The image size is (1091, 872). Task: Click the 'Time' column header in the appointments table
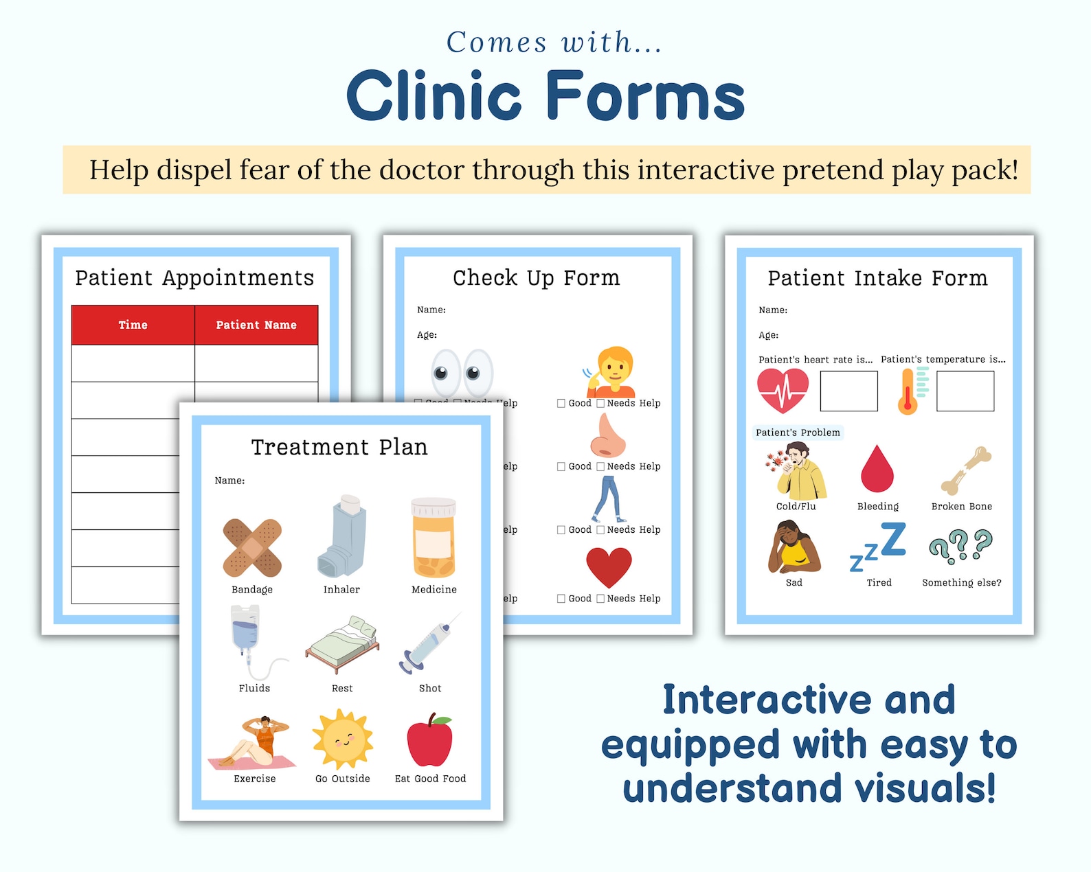[133, 325]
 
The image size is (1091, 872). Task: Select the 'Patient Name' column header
[256, 325]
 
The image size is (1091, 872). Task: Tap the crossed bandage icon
[252, 547]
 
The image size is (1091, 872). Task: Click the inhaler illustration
[342, 537]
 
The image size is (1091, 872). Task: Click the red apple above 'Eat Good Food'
[430, 740]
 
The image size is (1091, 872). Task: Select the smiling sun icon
[343, 740]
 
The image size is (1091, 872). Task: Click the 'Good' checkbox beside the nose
[561, 467]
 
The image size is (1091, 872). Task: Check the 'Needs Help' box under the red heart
[600, 599]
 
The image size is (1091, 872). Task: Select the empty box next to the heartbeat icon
[848, 391]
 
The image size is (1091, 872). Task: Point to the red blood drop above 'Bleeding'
[877, 470]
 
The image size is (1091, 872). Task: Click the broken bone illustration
[966, 470]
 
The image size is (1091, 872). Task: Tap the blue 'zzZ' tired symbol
[879, 547]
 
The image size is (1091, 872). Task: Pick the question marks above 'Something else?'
[960, 546]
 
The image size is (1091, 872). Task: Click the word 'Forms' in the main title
[645, 96]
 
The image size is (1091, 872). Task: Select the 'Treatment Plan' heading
[339, 448]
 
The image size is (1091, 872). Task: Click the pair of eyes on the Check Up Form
[462, 373]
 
